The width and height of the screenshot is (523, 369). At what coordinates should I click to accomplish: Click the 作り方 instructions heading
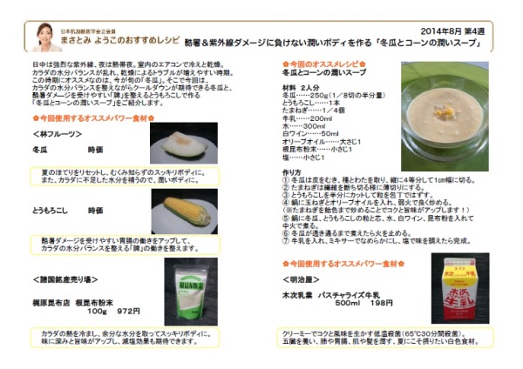(294, 172)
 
